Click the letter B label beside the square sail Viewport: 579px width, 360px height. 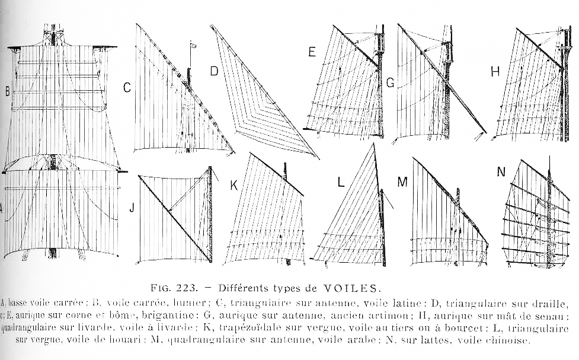pyautogui.click(x=7, y=91)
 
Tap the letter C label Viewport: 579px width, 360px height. pyautogui.click(x=126, y=88)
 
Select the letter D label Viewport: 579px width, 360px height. pyautogui.click(x=214, y=72)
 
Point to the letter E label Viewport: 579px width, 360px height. pyautogui.click(x=312, y=52)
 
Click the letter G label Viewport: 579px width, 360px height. pyautogui.click(x=390, y=83)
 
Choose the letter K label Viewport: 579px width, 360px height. pyautogui.click(x=234, y=186)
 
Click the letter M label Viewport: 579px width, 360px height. pyautogui.click(x=402, y=182)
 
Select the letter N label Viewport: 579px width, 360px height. pyautogui.click(x=501, y=172)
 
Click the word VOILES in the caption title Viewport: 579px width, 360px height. pyautogui.click(x=350, y=289)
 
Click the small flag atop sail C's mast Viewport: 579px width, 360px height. pyautogui.click(x=193, y=44)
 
